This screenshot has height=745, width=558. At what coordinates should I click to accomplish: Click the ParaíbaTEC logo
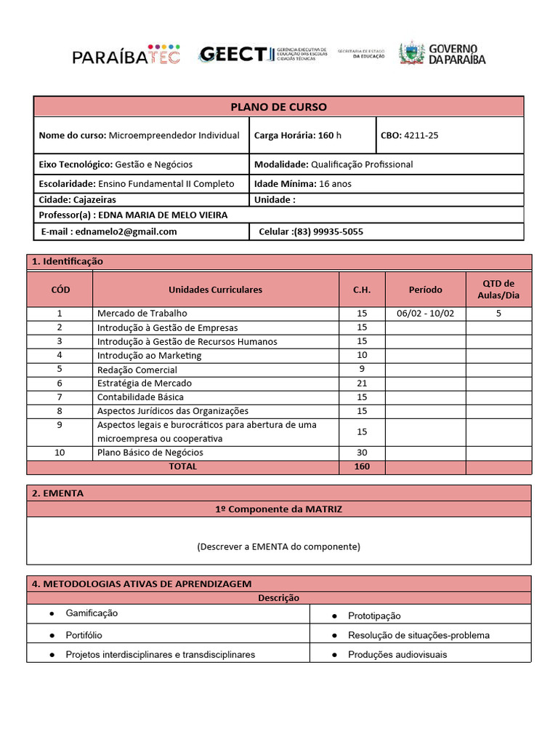pyautogui.click(x=126, y=55)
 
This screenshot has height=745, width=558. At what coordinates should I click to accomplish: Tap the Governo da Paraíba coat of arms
pyautogui.click(x=411, y=54)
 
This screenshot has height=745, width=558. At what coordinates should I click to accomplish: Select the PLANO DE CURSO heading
pyautogui.click(x=278, y=107)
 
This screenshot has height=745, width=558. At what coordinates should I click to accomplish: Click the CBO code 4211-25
pyautogui.click(x=421, y=135)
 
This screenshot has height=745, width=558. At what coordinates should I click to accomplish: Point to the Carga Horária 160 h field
pyautogui.click(x=297, y=135)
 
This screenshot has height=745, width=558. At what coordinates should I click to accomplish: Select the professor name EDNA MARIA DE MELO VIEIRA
pyautogui.click(x=162, y=215)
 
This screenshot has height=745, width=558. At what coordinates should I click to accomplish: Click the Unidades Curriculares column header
pyautogui.click(x=215, y=290)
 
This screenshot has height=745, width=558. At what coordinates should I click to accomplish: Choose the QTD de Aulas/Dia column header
pyautogui.click(x=498, y=290)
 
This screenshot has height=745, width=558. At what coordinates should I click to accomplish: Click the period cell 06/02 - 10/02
pyautogui.click(x=425, y=314)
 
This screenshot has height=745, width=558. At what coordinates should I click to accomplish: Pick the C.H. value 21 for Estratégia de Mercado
pyautogui.click(x=361, y=383)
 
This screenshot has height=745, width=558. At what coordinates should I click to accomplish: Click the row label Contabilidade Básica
pyautogui.click(x=140, y=397)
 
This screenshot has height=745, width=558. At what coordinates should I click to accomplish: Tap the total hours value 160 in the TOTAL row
pyautogui.click(x=361, y=467)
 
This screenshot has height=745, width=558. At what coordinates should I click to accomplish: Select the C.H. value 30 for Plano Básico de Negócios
pyautogui.click(x=361, y=453)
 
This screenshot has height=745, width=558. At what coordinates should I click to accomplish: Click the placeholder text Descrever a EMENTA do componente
pyautogui.click(x=278, y=546)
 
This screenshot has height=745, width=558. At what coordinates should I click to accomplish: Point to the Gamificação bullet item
pyautogui.click(x=92, y=613)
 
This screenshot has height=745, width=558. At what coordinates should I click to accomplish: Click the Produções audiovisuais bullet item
pyautogui.click(x=397, y=655)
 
